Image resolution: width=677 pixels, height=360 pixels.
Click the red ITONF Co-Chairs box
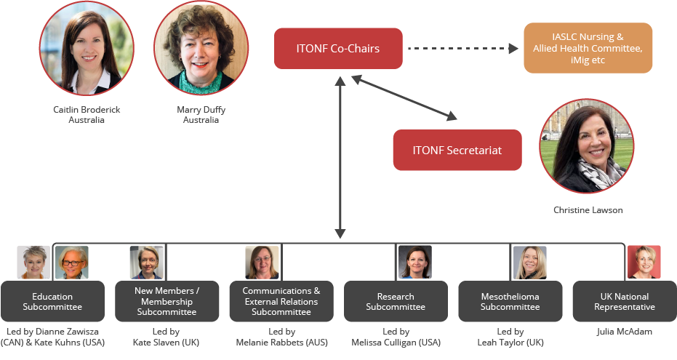[x=338, y=49]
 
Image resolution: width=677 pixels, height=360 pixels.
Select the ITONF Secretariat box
[x=457, y=151]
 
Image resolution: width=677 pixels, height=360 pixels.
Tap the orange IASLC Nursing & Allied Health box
[x=588, y=48]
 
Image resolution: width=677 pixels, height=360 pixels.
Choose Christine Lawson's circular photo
[x=587, y=146]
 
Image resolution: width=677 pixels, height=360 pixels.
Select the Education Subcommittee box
[x=52, y=301]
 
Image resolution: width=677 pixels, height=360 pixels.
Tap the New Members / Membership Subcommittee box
[x=167, y=301]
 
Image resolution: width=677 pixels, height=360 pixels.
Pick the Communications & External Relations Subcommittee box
[x=281, y=301]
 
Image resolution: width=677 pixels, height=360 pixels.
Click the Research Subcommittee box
[x=396, y=301]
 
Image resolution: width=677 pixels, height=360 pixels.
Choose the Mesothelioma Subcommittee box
[x=510, y=301]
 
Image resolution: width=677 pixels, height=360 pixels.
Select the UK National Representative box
[x=624, y=301]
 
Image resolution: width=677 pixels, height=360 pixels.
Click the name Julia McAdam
[x=624, y=332]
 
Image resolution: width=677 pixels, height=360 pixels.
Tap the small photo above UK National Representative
[x=644, y=263]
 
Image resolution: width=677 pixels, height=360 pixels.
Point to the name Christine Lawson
[x=588, y=210]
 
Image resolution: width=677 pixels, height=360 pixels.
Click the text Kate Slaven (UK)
[x=167, y=342]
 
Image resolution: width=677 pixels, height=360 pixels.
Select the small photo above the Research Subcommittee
[x=415, y=263]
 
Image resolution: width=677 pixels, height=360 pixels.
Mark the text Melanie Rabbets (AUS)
[x=281, y=342]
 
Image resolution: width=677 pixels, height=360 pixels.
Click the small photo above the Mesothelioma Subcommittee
[x=529, y=263]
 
